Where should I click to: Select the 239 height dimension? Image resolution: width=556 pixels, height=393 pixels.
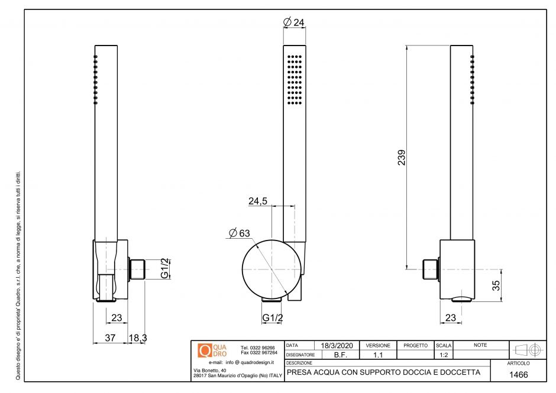tap(401, 158)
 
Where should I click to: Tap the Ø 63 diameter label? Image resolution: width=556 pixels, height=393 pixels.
tap(238, 233)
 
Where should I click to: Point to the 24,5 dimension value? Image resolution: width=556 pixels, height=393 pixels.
tap(258, 201)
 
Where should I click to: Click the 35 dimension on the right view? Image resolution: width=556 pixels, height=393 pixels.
tap(496, 285)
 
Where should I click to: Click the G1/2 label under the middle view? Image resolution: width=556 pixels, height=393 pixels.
tap(272, 318)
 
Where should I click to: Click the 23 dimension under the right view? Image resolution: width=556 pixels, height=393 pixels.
tap(451, 318)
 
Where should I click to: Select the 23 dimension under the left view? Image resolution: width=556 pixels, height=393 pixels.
tap(117, 318)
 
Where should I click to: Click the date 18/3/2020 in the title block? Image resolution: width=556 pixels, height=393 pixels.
tap(336, 345)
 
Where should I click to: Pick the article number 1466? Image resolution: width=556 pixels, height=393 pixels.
tap(518, 375)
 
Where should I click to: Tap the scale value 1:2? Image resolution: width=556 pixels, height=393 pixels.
tap(443, 355)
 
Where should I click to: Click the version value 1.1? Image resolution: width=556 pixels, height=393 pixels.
tap(377, 355)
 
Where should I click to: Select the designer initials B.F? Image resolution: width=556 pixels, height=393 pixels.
tap(340, 355)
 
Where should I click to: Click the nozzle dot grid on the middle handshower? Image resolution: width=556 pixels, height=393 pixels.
tap(295, 81)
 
